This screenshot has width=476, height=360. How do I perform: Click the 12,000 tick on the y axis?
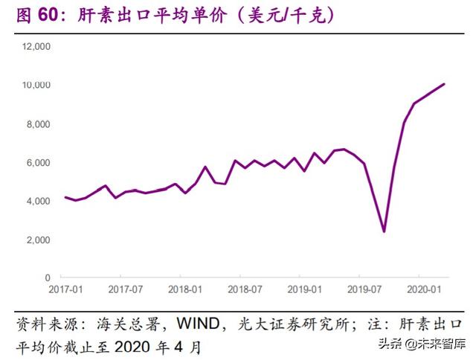pyautogui.click(x=36, y=47)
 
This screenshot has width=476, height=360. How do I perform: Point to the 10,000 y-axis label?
pyautogui.click(x=36, y=86)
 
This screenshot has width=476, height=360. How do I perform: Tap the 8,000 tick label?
pyautogui.click(x=38, y=124)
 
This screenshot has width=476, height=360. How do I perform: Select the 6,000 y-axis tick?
pyautogui.click(x=38, y=163)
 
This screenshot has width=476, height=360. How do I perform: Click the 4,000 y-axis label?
pyautogui.click(x=38, y=202)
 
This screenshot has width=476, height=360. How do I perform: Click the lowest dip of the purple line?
pyautogui.click(x=384, y=231)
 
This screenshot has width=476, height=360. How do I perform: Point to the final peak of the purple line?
pyautogui.click(x=444, y=84)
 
